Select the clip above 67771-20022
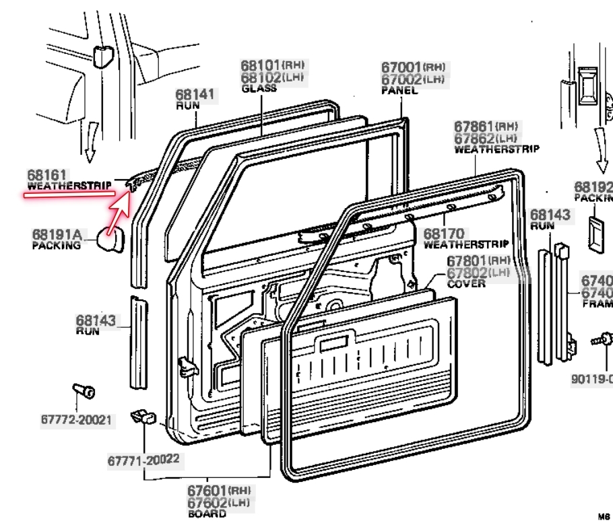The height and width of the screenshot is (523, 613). coord(142,417)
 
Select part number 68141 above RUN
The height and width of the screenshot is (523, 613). coord(195,96)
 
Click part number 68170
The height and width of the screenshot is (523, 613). coord(441,234)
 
